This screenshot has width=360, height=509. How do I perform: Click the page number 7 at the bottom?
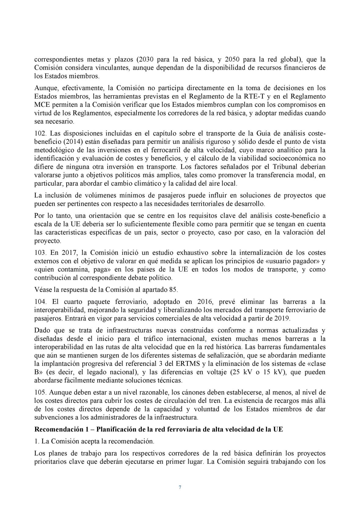pos(180,487)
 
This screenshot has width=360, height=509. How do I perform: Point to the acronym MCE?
pos(41,105)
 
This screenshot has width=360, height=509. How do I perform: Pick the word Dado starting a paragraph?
pos(42,330)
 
